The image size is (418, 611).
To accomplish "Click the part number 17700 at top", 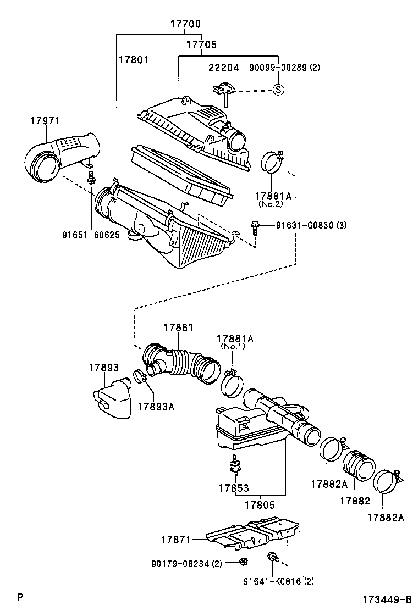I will (185, 24).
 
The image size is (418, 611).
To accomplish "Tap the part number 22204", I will (223, 68).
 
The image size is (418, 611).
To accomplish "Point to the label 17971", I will (45, 121).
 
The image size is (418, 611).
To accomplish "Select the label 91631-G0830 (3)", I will (311, 225).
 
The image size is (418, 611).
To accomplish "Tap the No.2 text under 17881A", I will (271, 203).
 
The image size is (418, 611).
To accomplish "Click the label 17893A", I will (155, 406).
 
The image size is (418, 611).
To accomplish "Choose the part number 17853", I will (233, 488).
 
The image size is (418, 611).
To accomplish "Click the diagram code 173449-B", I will (387, 599).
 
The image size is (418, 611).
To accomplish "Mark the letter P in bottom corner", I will (20, 596).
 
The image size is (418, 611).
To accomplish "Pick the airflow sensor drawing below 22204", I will (222, 89).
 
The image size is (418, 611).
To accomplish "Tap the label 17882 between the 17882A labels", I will (355, 501).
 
